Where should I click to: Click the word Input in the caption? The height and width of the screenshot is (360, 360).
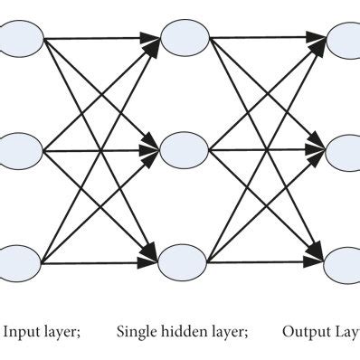point(24,332)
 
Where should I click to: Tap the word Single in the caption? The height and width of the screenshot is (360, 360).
point(136,332)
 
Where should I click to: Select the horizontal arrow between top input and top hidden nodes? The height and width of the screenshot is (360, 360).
point(99,39)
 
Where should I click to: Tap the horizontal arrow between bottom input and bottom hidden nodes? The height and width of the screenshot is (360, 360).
point(99,261)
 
